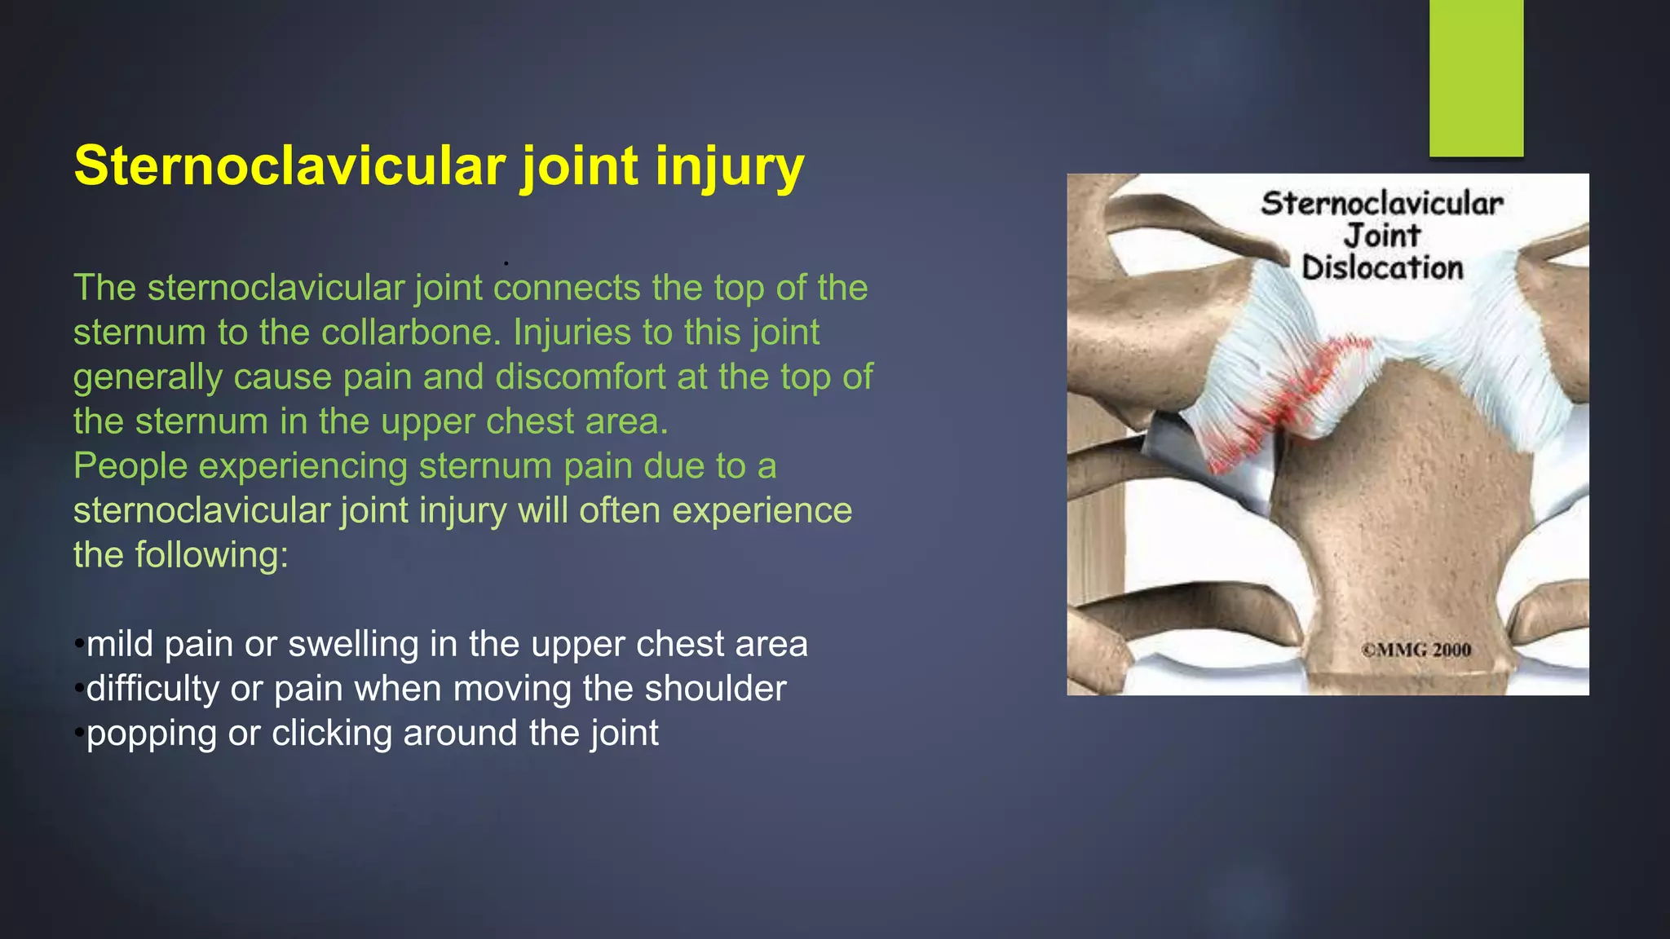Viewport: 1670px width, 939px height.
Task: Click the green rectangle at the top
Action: pyautogui.click(x=1476, y=77)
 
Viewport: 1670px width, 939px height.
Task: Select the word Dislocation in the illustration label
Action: pyautogui.click(x=1382, y=268)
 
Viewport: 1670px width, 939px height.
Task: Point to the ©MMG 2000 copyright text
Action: pyautogui.click(x=1416, y=650)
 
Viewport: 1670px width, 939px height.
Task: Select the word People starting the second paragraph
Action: pyautogui.click(x=130, y=466)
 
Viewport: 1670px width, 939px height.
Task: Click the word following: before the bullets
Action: pyautogui.click(x=211, y=555)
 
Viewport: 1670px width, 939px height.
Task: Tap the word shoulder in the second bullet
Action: pyautogui.click(x=715, y=689)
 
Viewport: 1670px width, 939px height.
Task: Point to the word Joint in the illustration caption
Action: pyautogui.click(x=1382, y=236)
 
